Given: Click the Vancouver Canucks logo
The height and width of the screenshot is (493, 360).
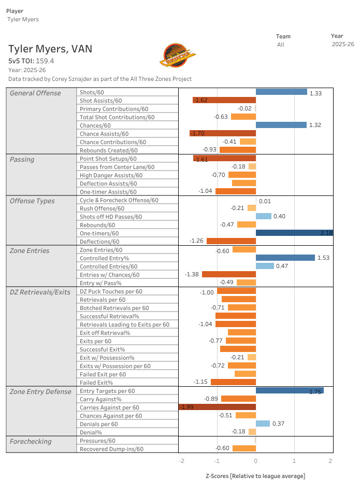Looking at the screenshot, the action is pyautogui.click(x=178, y=55).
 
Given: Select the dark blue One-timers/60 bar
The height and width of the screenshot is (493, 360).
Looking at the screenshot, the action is pyautogui.click(x=294, y=233).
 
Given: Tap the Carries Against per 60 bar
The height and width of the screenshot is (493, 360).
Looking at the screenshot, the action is pyautogui.click(x=218, y=407).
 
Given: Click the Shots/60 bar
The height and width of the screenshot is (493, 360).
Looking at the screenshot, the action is pyautogui.click(x=281, y=92).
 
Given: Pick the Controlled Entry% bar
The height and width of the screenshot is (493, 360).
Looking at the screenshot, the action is pyautogui.click(x=285, y=258).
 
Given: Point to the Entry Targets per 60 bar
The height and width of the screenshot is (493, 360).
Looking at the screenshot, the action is pyautogui.click(x=290, y=390).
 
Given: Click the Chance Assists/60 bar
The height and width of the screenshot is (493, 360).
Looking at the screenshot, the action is pyautogui.click(x=223, y=133).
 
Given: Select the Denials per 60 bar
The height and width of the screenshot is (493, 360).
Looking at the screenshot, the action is pyautogui.click(x=263, y=424).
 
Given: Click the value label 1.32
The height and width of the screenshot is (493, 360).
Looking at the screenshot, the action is pyautogui.click(x=315, y=125).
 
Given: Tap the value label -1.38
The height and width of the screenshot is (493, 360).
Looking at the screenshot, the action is pyautogui.click(x=192, y=274).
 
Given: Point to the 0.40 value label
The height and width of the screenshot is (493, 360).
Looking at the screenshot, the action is pyautogui.click(x=279, y=216).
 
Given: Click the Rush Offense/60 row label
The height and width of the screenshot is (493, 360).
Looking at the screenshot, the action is pyautogui.click(x=102, y=208).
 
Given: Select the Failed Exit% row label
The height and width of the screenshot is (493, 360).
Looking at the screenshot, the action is pyautogui.click(x=96, y=383).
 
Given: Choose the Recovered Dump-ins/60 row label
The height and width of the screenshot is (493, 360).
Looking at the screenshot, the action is pyautogui.click(x=111, y=449).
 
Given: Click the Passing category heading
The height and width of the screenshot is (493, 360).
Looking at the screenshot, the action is pyautogui.click(x=22, y=159).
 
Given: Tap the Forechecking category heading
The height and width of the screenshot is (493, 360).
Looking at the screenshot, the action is pyautogui.click(x=31, y=442).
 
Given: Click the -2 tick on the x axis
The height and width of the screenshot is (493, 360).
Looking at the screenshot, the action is pyautogui.click(x=182, y=461).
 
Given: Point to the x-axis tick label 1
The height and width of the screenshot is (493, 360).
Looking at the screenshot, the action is pyautogui.click(x=294, y=461).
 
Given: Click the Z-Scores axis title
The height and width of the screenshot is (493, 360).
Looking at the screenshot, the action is pyautogui.click(x=255, y=476).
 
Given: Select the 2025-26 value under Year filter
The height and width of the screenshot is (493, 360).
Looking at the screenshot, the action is pyautogui.click(x=343, y=45).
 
